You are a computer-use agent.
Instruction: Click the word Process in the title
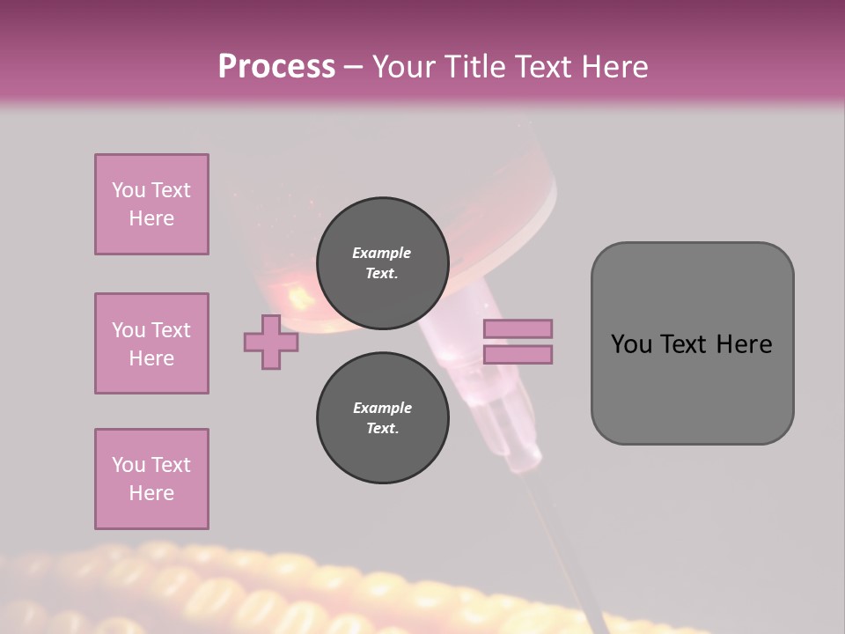click(276, 67)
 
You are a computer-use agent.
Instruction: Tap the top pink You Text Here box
click(151, 204)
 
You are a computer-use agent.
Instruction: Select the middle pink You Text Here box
click(151, 343)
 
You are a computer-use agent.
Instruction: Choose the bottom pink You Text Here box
click(151, 479)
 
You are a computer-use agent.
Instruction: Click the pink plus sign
click(271, 342)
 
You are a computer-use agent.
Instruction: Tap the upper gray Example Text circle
click(382, 263)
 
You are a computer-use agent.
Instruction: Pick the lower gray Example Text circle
click(382, 418)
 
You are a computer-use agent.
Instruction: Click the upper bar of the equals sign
click(518, 329)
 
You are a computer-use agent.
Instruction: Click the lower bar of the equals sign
click(518, 355)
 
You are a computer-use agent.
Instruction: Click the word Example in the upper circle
click(382, 253)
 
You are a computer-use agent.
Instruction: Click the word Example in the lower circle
click(382, 408)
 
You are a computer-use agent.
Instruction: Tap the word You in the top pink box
click(129, 190)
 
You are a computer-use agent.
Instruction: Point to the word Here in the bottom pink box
click(151, 493)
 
